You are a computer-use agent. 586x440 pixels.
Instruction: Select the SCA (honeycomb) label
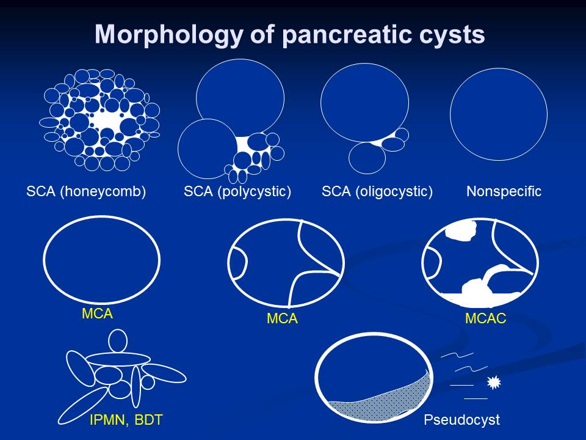[x=86, y=191]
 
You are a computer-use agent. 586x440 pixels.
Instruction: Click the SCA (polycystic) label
[x=237, y=191]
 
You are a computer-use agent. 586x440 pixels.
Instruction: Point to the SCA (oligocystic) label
[x=377, y=191]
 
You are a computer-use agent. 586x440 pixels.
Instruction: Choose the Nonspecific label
[x=504, y=191]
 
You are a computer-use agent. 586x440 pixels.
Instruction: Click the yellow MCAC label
[x=485, y=318]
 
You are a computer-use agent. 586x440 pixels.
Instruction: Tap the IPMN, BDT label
[x=126, y=420]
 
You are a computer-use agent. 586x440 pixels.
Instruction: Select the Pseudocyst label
[x=461, y=419]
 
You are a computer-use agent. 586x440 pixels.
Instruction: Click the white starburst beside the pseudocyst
[x=494, y=383]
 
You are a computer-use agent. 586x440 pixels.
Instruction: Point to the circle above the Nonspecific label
[x=499, y=68]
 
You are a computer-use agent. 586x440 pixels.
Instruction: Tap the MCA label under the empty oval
[x=97, y=313]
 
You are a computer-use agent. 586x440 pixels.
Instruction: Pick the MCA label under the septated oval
[x=282, y=318]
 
